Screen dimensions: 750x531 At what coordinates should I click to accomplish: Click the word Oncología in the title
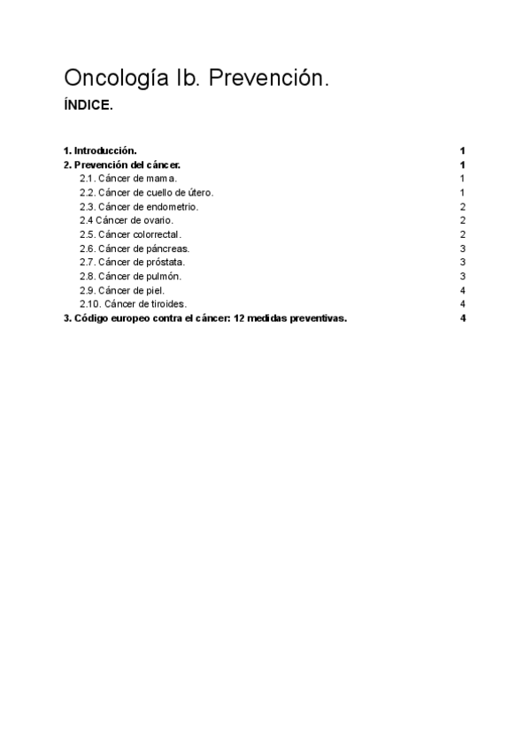point(113,80)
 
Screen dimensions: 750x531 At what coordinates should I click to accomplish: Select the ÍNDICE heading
point(88,105)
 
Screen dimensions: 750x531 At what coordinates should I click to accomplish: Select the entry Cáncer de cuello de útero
point(147,192)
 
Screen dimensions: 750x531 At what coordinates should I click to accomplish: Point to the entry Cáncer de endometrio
point(145,206)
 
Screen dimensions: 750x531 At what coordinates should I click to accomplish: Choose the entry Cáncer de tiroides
point(134,304)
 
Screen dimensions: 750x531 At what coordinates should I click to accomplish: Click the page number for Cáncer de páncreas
point(463,248)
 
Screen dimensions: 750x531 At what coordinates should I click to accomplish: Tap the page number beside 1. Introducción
point(463,150)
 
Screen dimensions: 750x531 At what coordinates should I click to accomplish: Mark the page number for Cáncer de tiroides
point(463,304)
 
